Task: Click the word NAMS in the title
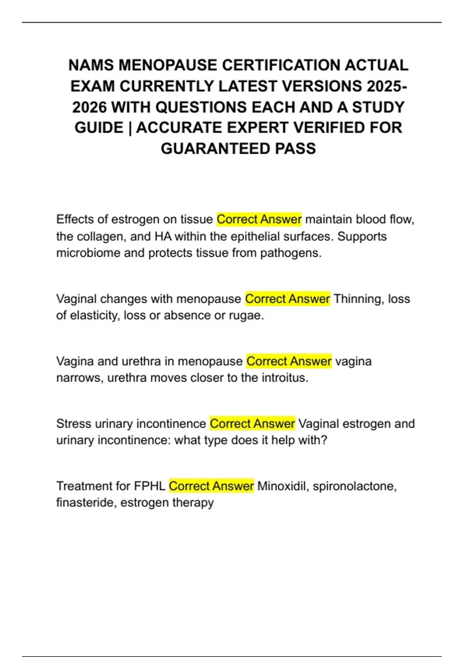[x=91, y=65]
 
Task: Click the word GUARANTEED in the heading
[x=215, y=149]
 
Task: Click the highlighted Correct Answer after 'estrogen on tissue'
[x=259, y=220]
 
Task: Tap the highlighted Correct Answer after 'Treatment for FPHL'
[x=211, y=486]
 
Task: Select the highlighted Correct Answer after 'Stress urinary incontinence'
[x=252, y=424]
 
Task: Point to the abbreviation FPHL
[x=150, y=486]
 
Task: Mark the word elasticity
[x=94, y=316]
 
